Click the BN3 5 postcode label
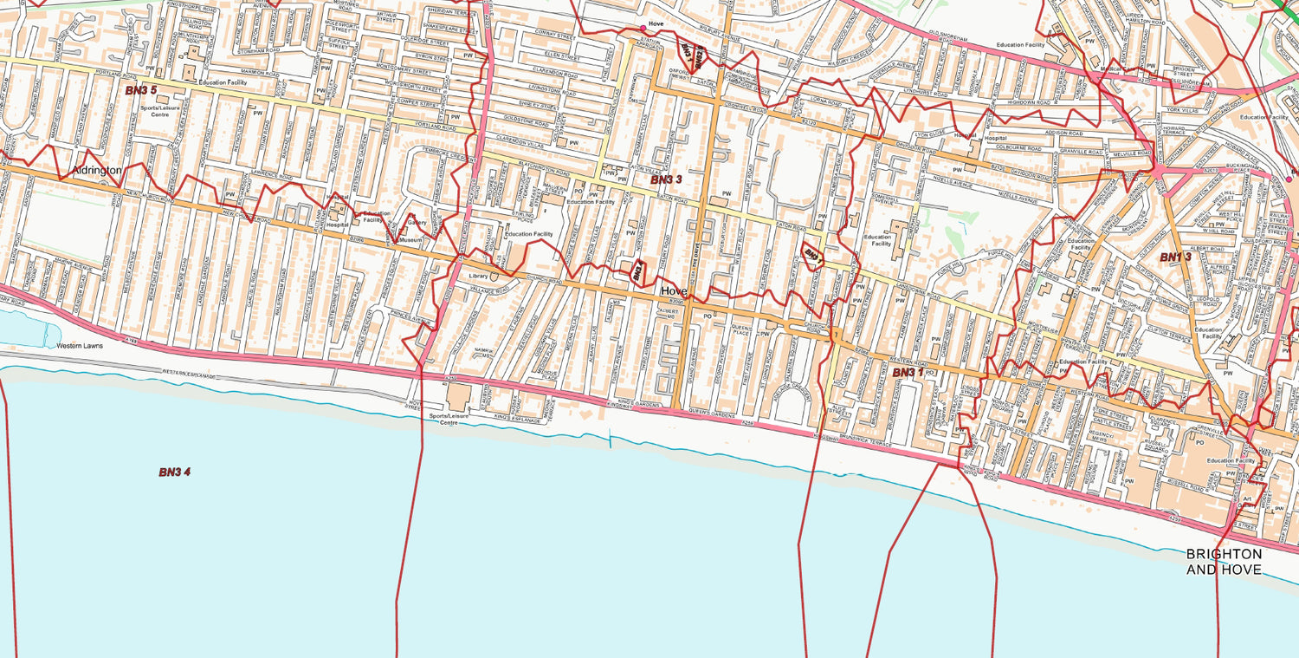coord(141,90)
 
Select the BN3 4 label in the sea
coord(174,472)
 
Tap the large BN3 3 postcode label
coord(667,179)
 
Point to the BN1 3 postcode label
coord(1176,257)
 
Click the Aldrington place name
coord(97,171)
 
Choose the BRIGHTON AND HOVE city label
coord(1224,562)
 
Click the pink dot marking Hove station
coord(643,29)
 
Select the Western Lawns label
coord(80,346)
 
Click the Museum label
coord(410,240)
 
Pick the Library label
coord(478,276)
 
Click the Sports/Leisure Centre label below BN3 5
coord(148,111)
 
